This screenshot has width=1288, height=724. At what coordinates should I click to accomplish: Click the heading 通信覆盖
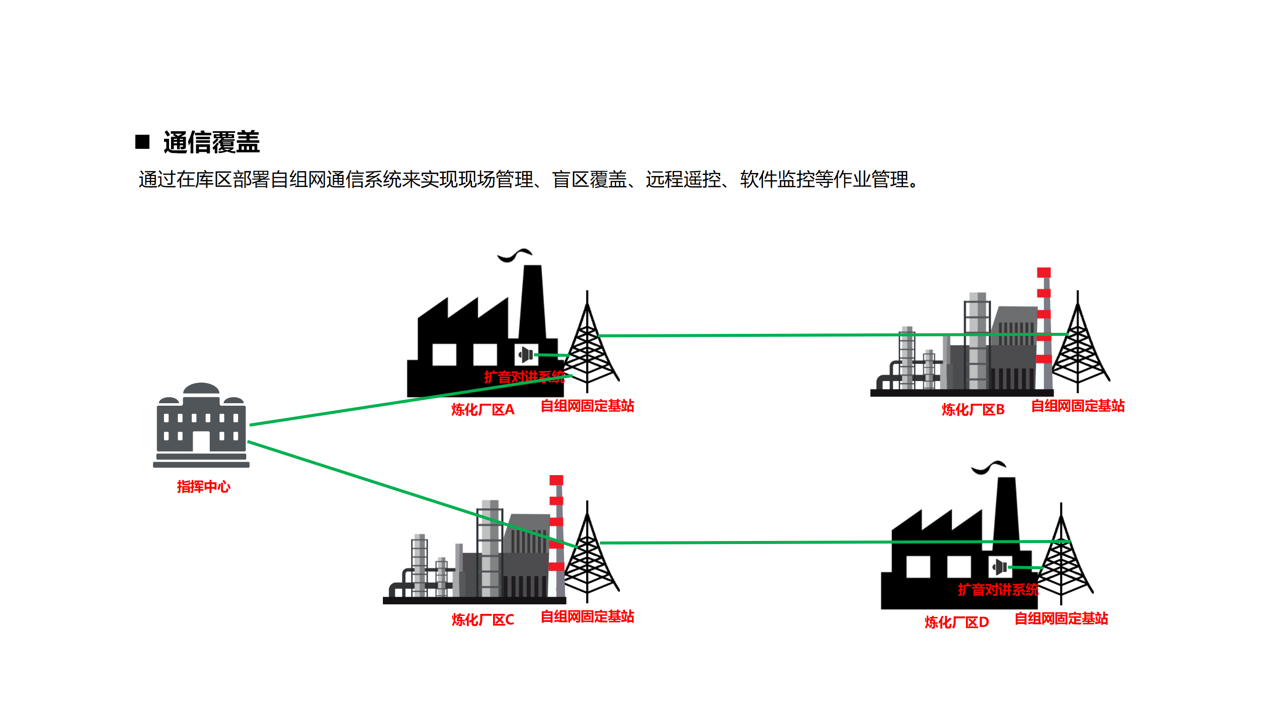[x=211, y=142]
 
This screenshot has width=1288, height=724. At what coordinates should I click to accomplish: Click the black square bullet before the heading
[x=142, y=142]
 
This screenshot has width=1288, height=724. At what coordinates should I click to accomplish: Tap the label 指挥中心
[x=203, y=487]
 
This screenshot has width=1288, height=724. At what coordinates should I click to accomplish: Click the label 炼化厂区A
[x=482, y=410]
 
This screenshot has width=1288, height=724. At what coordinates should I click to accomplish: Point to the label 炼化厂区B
[x=973, y=410]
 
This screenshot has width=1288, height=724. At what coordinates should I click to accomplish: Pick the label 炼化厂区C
[x=482, y=620]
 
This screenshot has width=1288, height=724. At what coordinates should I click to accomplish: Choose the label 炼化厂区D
[x=956, y=622]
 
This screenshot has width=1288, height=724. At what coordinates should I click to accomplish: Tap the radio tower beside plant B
[x=1078, y=352]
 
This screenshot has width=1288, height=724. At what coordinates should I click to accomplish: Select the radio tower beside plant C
[x=587, y=563]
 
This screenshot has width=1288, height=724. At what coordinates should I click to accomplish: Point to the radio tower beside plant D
[x=1061, y=563]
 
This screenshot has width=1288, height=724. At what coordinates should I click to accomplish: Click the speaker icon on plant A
[x=526, y=354]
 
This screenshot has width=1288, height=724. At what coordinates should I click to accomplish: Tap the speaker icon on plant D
[x=1000, y=567]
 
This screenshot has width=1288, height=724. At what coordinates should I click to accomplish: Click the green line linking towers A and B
[x=755, y=335]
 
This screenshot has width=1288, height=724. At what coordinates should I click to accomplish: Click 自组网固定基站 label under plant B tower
[x=1078, y=406]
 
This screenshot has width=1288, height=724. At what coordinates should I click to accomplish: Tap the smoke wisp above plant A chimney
[x=514, y=255]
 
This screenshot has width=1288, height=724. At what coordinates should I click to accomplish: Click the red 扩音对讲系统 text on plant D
[x=998, y=590]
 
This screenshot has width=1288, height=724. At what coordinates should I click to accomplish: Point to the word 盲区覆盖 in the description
[x=589, y=179]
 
